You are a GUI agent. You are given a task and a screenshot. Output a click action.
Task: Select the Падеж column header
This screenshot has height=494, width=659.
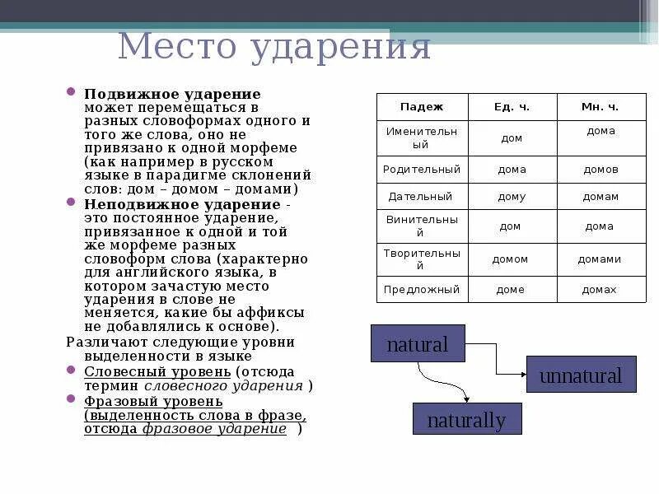(422, 107)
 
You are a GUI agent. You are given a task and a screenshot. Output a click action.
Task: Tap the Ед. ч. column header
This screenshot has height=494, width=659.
(512, 107)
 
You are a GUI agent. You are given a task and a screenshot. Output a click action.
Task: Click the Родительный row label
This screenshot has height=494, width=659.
(422, 169)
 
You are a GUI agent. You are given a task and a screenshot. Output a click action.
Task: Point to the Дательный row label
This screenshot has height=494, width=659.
(422, 197)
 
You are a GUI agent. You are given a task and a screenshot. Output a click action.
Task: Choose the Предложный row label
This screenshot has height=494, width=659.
(422, 290)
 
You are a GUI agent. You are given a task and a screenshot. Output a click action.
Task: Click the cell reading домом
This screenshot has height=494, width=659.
(512, 259)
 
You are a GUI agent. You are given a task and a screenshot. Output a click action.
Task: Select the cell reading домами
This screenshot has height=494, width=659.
(600, 259)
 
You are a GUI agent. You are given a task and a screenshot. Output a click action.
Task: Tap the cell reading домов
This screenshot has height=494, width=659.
(600, 169)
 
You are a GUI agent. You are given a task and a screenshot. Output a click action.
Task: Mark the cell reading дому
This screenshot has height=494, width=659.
(512, 197)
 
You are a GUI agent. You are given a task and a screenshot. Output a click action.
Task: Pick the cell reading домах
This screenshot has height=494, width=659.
(600, 290)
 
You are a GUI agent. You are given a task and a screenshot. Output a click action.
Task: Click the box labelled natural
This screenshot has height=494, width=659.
(418, 343)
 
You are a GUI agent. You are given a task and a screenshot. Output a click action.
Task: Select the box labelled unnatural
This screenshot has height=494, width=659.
(581, 376)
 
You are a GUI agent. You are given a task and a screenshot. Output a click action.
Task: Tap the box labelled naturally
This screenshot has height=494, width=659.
(466, 419)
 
